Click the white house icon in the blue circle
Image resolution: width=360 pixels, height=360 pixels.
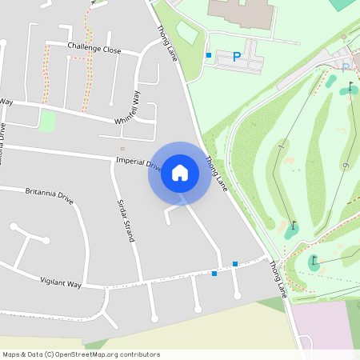(180, 173)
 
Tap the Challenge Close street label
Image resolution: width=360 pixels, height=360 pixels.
(94, 50)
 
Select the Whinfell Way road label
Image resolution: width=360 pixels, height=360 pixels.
(127, 108)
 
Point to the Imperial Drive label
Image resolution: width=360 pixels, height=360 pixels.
(138, 163)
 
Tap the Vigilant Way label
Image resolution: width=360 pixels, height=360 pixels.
(61, 282)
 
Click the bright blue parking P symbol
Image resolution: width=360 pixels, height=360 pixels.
(236, 57)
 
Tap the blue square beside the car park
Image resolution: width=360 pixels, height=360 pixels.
(209, 55)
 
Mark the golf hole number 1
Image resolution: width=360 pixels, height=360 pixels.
(281, 146)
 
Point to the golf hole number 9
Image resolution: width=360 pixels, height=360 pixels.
(346, 166)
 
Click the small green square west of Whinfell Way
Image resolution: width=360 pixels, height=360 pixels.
(48, 121)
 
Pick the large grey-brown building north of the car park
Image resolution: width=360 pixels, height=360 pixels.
(240, 12)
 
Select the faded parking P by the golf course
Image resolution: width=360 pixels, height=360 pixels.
(345, 67)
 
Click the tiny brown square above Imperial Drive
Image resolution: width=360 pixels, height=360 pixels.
(122, 148)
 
